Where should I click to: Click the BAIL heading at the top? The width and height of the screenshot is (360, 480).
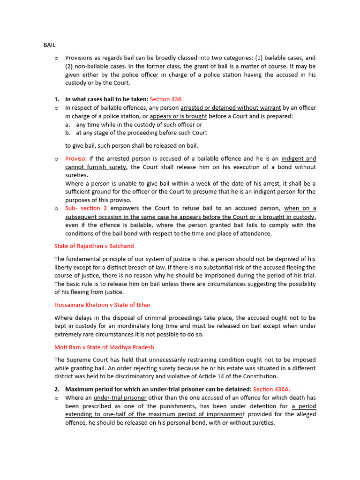pyautogui.click(x=49, y=45)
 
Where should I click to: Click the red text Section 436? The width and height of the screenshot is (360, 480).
pyautogui.click(x=165, y=99)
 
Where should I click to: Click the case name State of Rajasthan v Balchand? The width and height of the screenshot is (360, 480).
pyautogui.click(x=94, y=246)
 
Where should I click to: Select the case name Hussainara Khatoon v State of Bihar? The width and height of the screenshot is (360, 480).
pyautogui.click(x=102, y=305)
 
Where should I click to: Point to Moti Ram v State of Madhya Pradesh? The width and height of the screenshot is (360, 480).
pyautogui.click(x=104, y=347)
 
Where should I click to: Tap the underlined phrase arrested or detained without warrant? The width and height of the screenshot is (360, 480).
pyautogui.click(x=231, y=108)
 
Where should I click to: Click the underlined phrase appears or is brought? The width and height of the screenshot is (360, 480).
pyautogui.click(x=179, y=116)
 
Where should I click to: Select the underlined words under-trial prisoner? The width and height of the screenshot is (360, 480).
pyautogui.click(x=120, y=398)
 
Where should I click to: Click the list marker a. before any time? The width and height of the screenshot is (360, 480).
pyautogui.click(x=68, y=125)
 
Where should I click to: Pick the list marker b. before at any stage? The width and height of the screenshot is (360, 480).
pyautogui.click(x=68, y=133)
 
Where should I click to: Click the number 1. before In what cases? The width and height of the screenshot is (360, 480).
pyautogui.click(x=57, y=99)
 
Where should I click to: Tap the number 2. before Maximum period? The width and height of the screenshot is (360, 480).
pyautogui.click(x=57, y=389)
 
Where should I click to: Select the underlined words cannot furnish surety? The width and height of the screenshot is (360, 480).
pyautogui.click(x=96, y=167)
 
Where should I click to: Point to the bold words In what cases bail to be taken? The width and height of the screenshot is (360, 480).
pyautogui.click(x=106, y=99)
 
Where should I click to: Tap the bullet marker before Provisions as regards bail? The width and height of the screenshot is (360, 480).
pyautogui.click(x=56, y=58)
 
